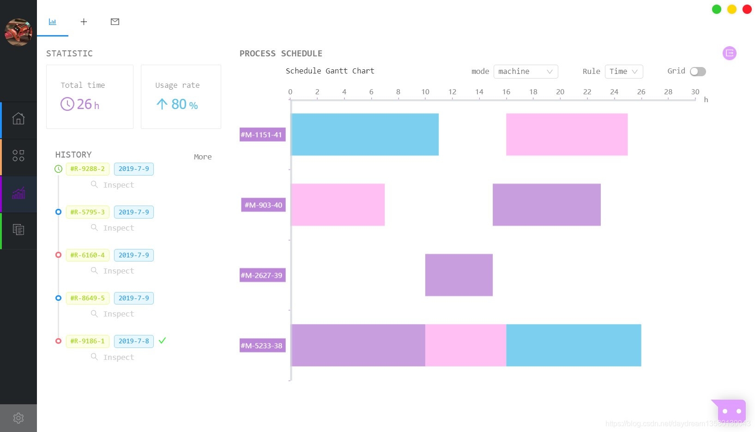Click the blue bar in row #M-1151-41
(365, 134)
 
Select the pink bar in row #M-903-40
(338, 205)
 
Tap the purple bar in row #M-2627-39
(459, 275)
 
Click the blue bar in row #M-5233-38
(574, 345)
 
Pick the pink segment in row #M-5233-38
(465, 345)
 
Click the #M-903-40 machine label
(263, 205)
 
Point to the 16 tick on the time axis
(506, 92)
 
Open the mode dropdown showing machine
(525, 72)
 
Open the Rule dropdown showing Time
(623, 72)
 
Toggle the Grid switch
(697, 72)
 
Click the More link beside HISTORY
(203, 157)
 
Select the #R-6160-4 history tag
(87, 255)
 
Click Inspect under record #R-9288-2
(118, 185)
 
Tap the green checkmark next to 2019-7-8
(162, 341)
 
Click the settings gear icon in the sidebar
(18, 418)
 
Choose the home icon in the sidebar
(18, 119)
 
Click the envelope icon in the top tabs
(115, 22)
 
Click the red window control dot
(747, 9)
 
